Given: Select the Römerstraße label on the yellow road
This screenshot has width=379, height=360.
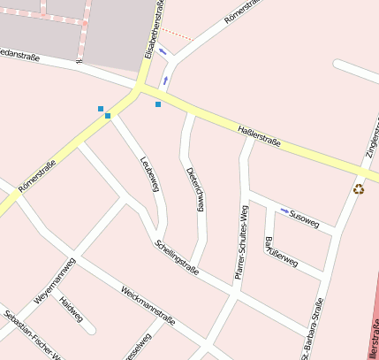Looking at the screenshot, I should (37, 175).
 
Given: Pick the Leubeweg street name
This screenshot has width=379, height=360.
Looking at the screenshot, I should (149, 172).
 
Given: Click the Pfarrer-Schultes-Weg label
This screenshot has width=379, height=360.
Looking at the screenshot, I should (240, 242).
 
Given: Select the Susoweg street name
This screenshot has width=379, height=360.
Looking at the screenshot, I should (305, 218).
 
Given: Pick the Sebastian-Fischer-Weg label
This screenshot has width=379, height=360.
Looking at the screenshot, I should (31, 337).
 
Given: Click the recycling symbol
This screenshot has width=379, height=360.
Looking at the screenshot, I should (359, 188).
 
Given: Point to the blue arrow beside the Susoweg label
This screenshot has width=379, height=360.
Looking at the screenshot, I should (284, 211).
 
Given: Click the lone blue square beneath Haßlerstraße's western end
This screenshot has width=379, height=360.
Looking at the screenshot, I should (158, 104).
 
